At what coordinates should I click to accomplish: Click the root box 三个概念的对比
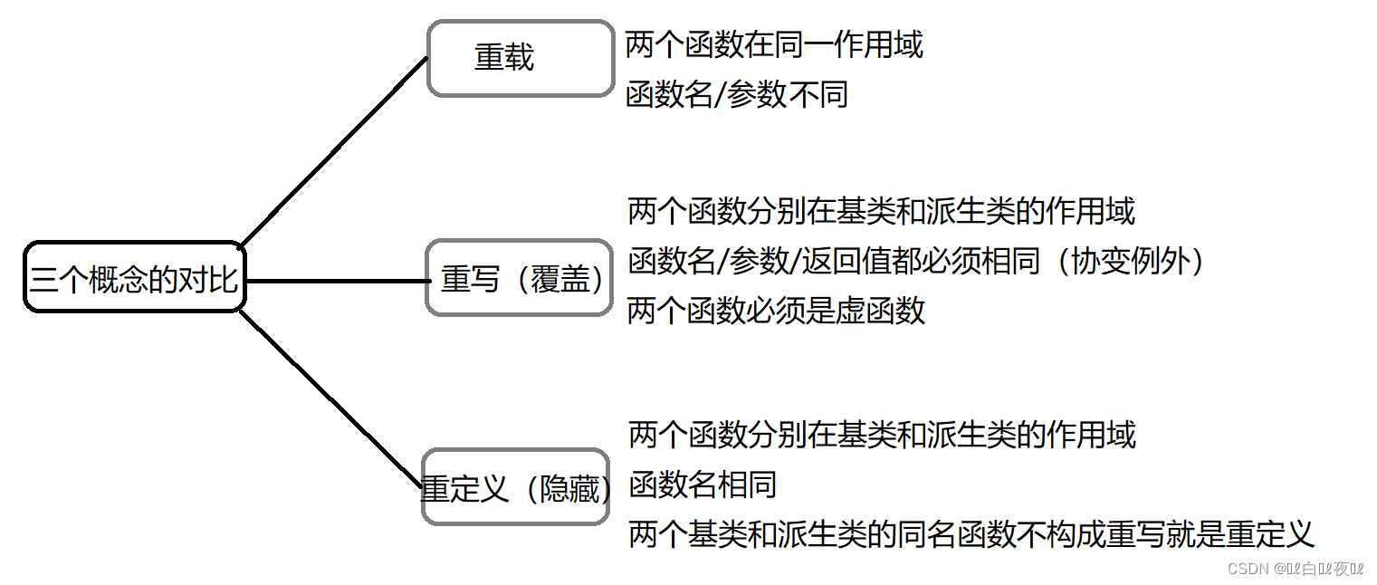[134, 278]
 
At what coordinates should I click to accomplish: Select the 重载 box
[520, 58]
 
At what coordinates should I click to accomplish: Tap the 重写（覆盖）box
[520, 279]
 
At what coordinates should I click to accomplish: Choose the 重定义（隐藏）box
[515, 488]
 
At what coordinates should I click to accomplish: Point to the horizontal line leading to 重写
[335, 281]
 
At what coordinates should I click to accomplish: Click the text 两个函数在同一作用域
[774, 44]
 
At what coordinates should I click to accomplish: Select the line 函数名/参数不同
[736, 94]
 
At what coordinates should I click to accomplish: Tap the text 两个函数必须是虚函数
[776, 311]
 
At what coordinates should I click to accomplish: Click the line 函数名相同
[703, 484]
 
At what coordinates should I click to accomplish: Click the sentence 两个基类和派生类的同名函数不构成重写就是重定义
[971, 533]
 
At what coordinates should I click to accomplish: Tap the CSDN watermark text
[1295, 568]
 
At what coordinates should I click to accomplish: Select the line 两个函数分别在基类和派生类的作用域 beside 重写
[881, 212]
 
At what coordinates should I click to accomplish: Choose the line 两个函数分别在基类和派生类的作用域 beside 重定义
[881, 435]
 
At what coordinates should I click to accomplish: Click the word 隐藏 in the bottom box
[570, 489]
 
